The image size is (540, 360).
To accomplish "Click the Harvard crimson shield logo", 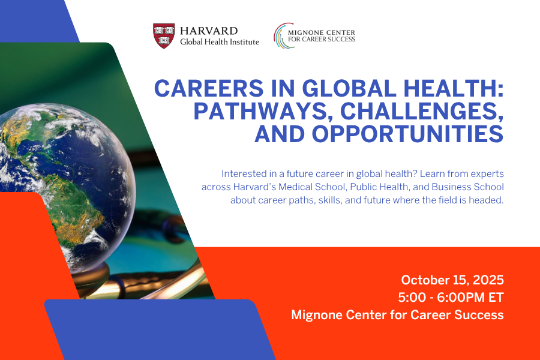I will pos(164,35).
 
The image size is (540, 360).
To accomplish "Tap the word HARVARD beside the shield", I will pos(209,31).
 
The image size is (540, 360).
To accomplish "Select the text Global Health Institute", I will pos(220,42).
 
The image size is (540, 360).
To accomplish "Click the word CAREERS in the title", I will pos(208,89).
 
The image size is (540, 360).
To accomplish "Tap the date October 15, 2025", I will pos(452,280).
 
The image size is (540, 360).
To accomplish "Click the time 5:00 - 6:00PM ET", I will pos(451,297).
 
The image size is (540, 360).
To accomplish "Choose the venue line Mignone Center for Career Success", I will pos(397,314).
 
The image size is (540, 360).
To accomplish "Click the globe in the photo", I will pos(66,174).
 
